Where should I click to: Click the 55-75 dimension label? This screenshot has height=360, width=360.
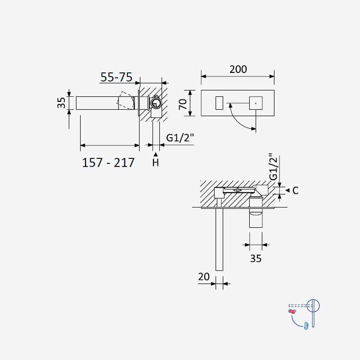point(117,77)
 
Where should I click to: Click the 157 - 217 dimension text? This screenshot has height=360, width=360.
point(108,163)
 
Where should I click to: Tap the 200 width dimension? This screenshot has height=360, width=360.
point(238,69)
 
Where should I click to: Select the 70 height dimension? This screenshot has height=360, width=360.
point(183,104)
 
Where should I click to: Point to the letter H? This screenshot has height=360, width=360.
point(155,163)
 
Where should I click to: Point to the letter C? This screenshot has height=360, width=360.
point(296,190)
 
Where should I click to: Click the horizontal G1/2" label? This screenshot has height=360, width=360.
point(180,138)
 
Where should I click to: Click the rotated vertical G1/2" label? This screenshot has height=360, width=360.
point(274,166)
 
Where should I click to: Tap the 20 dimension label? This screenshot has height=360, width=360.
point(204,277)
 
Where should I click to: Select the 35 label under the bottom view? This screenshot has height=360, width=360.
point(256,258)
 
